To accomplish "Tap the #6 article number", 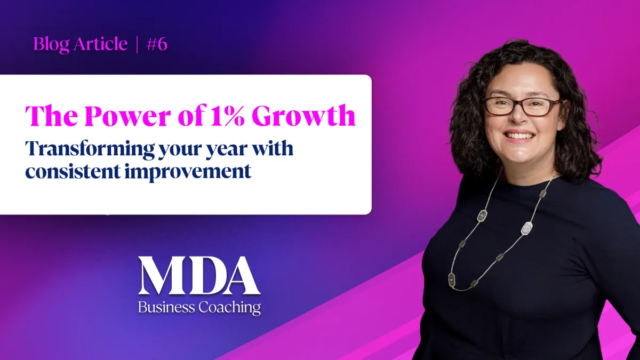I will click(156, 44).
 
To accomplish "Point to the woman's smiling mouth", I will click(521, 137).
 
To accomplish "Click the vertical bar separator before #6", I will click(137, 44).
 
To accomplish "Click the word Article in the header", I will click(101, 44).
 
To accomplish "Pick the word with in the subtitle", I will click(276, 149).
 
